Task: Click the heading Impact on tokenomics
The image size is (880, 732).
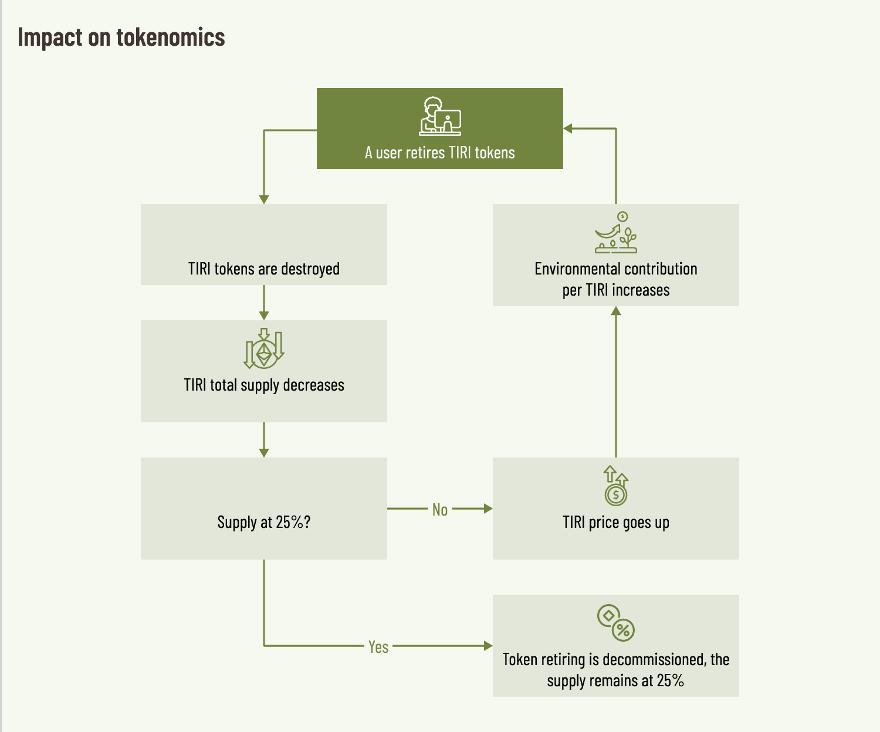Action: coord(121,38)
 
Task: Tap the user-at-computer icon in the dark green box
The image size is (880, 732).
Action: coord(440,117)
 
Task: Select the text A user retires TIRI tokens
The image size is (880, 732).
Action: coord(439,153)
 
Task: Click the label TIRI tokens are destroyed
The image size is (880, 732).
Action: coord(263,269)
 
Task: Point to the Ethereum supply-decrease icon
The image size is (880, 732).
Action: coord(264,348)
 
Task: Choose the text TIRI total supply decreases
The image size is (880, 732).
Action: coord(263,385)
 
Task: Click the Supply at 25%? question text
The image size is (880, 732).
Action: coord(263,522)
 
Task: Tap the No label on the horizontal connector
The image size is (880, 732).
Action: coord(440,510)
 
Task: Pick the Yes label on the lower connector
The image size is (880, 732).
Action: coord(378,646)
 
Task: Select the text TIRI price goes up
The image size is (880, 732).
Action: coord(615,522)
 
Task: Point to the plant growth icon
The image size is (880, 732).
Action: coord(615,233)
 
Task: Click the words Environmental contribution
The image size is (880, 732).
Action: coord(615,269)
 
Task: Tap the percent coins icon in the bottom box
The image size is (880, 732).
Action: coord(615,623)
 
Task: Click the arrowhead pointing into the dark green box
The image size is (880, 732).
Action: coord(568,128)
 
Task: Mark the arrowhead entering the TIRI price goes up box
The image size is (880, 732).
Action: coord(488,509)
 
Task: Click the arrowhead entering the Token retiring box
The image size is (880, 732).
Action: coord(488,646)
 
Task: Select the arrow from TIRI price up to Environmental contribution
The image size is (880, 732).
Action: coord(616,381)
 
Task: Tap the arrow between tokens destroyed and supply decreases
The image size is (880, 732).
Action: coord(264,303)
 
